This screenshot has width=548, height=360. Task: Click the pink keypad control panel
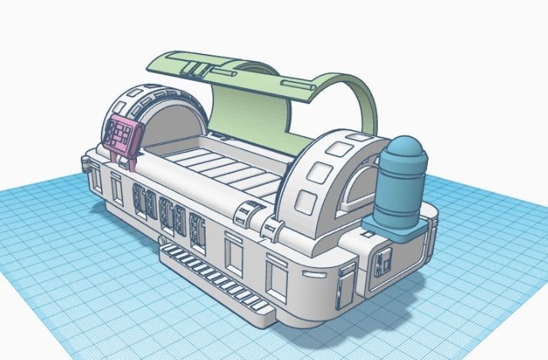[122, 135]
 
